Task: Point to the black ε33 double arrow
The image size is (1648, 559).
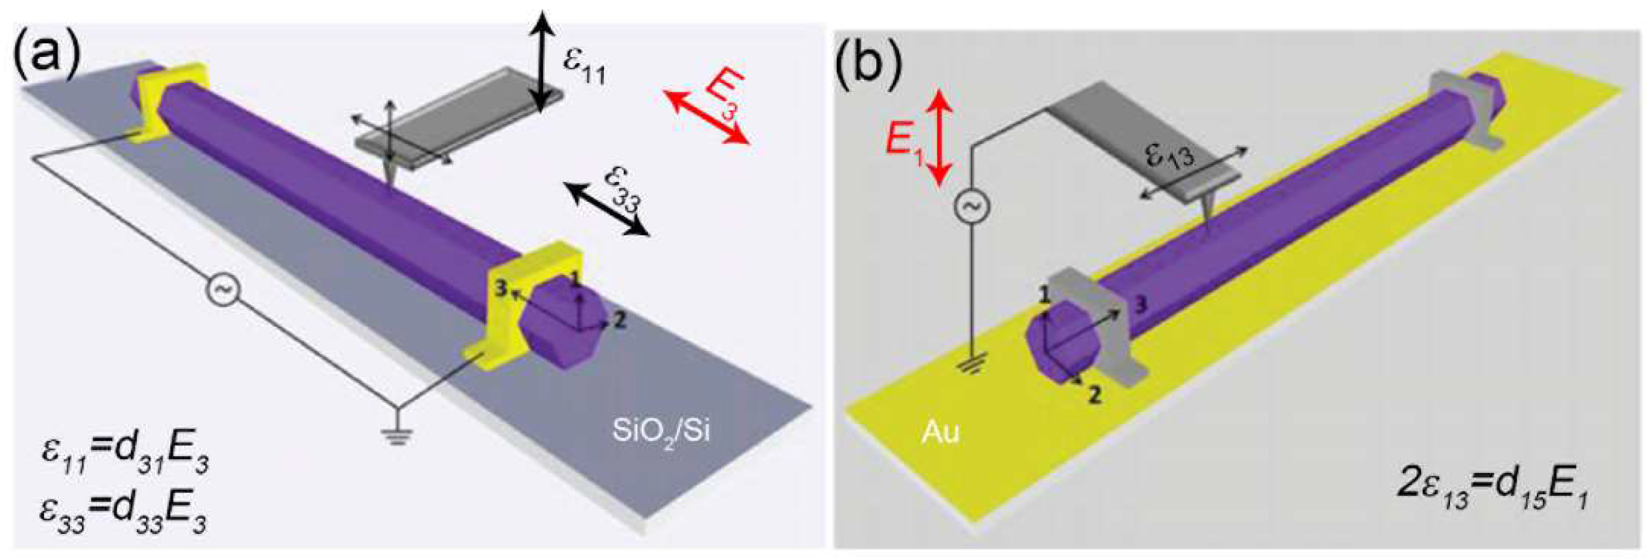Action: (607, 209)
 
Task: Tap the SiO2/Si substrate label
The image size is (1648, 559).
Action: (660, 432)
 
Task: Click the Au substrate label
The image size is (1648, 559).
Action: (941, 433)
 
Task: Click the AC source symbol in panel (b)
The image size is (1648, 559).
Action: (972, 206)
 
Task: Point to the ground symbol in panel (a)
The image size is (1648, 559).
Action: (396, 435)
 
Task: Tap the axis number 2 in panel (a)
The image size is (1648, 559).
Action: (619, 320)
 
